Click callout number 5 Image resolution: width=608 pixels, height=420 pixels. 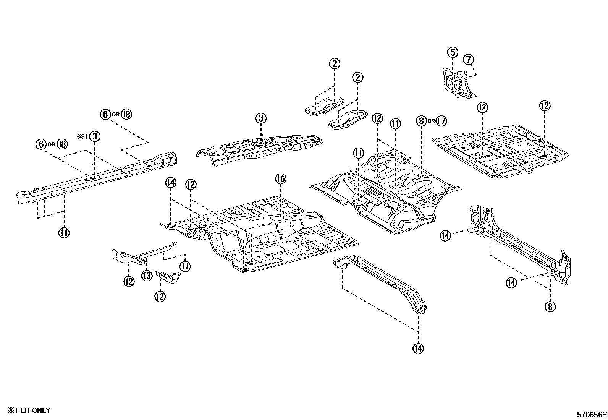(453, 52)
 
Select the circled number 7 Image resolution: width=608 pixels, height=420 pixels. (469, 59)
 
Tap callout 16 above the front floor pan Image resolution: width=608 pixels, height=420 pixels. (281, 178)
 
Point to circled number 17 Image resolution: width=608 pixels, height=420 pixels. (441, 121)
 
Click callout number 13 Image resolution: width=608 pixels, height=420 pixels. (147, 275)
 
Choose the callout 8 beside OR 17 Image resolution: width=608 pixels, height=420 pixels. (421, 121)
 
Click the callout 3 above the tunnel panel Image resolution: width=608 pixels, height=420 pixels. (261, 118)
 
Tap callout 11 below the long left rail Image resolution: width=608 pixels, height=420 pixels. (64, 232)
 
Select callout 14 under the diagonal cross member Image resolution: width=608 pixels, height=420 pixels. (418, 348)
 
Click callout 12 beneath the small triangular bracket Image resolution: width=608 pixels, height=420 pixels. (160, 296)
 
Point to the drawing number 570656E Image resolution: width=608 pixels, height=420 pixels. (592, 414)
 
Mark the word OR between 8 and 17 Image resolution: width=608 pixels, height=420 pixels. (431, 121)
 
